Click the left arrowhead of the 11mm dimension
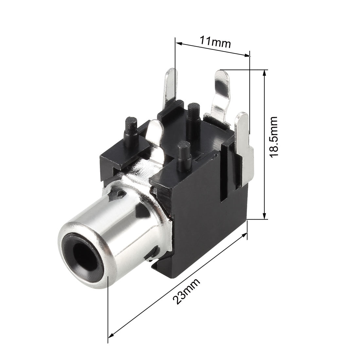click(178, 43)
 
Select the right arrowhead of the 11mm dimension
click(247, 55)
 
